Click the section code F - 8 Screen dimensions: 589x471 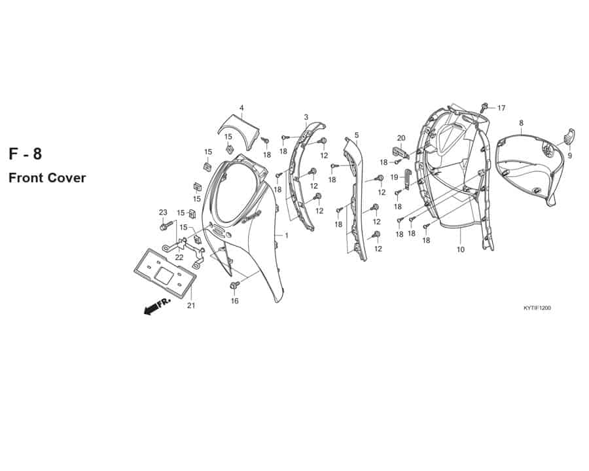click(x=25, y=154)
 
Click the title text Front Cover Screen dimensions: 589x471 click(x=47, y=178)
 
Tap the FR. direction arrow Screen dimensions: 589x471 click(x=157, y=306)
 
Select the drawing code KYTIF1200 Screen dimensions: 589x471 click(x=537, y=308)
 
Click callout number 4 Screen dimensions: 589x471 click(x=241, y=108)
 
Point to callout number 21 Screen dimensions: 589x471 click(x=191, y=305)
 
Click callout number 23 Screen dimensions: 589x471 click(x=163, y=213)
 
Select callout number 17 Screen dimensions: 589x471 click(x=501, y=108)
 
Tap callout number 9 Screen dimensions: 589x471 click(x=569, y=155)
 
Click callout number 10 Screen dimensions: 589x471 click(x=461, y=249)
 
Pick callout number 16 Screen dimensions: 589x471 click(x=234, y=301)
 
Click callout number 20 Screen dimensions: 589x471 click(x=401, y=138)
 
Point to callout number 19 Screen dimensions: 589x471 click(x=394, y=177)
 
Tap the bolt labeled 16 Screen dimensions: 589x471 click(x=235, y=285)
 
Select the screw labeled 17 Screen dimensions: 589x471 click(x=484, y=107)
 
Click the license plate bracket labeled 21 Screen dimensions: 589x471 click(x=164, y=273)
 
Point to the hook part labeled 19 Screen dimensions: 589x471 click(x=408, y=179)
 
